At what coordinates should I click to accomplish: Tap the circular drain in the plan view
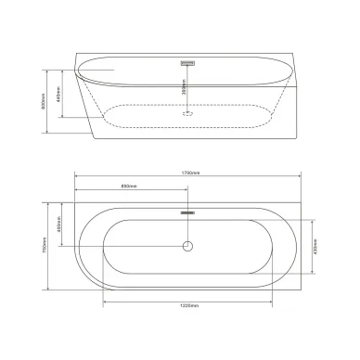(x=186, y=248)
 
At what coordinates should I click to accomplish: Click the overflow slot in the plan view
(x=186, y=212)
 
